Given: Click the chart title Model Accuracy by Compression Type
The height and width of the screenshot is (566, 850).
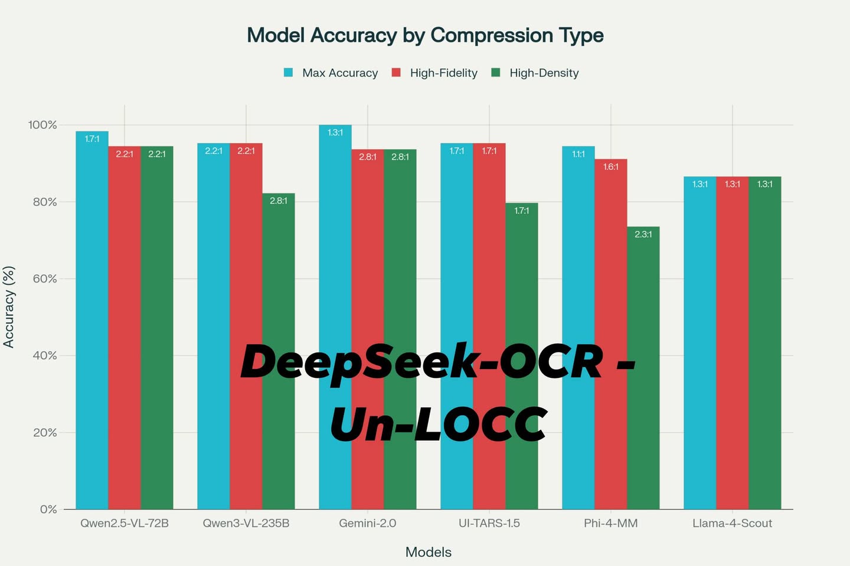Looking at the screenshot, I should [x=425, y=35].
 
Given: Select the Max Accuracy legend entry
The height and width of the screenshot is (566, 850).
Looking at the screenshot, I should [x=339, y=73].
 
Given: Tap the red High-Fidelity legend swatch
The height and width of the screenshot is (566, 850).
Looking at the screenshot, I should [x=397, y=73].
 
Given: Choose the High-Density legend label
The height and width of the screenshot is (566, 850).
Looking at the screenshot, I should [x=544, y=73].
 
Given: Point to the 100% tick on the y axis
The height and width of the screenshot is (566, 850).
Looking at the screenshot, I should [x=42, y=125].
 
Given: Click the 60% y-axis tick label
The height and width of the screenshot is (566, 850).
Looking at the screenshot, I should [x=45, y=279].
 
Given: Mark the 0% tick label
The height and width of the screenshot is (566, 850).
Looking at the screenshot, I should [x=48, y=509].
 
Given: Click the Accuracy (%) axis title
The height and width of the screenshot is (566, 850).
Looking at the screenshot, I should [x=9, y=307].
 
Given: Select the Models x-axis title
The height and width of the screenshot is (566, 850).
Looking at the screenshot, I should [x=428, y=552].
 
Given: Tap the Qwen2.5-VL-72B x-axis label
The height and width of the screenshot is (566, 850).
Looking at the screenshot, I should [x=125, y=524].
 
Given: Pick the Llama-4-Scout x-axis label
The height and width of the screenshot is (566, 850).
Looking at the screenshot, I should [x=732, y=524].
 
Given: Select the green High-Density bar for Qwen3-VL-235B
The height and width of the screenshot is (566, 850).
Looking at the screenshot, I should [x=279, y=354].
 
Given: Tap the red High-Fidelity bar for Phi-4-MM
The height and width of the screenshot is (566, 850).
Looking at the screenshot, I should [x=611, y=330].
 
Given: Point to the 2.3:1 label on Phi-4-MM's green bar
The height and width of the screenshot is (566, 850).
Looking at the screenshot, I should [x=643, y=235].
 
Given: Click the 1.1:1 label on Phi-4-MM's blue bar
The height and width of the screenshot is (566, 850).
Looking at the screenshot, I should [x=578, y=154].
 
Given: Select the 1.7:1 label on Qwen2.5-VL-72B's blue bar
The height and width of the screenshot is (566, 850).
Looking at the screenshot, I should [x=92, y=139].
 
